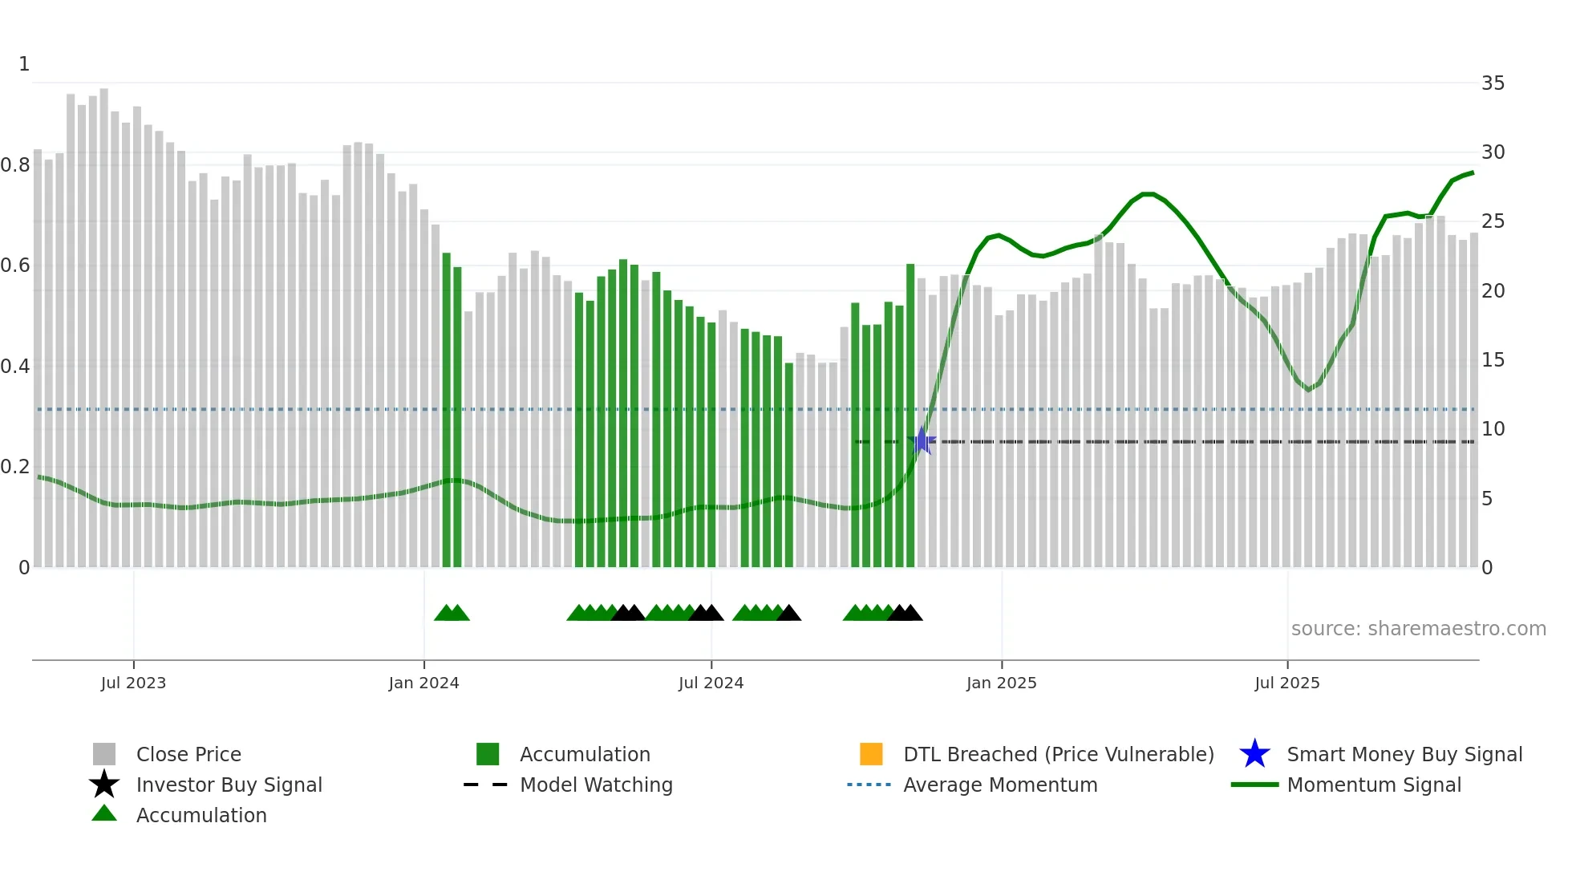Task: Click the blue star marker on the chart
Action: click(x=922, y=441)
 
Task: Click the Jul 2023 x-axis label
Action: click(x=133, y=683)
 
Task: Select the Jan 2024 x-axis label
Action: click(x=423, y=683)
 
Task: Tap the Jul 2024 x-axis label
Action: click(x=711, y=683)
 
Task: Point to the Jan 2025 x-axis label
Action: click(x=1001, y=683)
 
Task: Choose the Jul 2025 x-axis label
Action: click(x=1286, y=683)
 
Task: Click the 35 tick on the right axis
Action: click(x=1493, y=83)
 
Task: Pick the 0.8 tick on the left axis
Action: click(x=16, y=165)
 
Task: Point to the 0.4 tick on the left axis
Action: click(x=16, y=367)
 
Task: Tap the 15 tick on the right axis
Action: click(x=1493, y=360)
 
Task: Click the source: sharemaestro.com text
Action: click(x=1418, y=629)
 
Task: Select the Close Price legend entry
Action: click(x=188, y=754)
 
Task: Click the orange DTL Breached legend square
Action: click(x=871, y=754)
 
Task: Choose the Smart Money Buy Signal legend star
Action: click(x=1254, y=754)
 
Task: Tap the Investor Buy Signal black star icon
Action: click(x=104, y=785)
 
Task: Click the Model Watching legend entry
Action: click(x=595, y=785)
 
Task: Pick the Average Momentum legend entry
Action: click(x=999, y=785)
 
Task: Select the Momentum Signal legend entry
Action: click(x=1373, y=785)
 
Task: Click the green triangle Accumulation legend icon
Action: click(x=104, y=814)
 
